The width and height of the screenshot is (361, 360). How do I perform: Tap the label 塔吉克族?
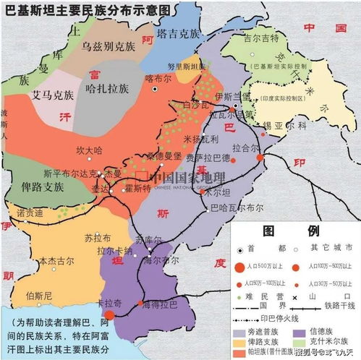click(182, 33)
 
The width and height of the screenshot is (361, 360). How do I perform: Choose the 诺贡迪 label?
click(30, 213)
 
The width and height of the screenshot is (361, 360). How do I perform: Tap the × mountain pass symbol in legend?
click(296, 297)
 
